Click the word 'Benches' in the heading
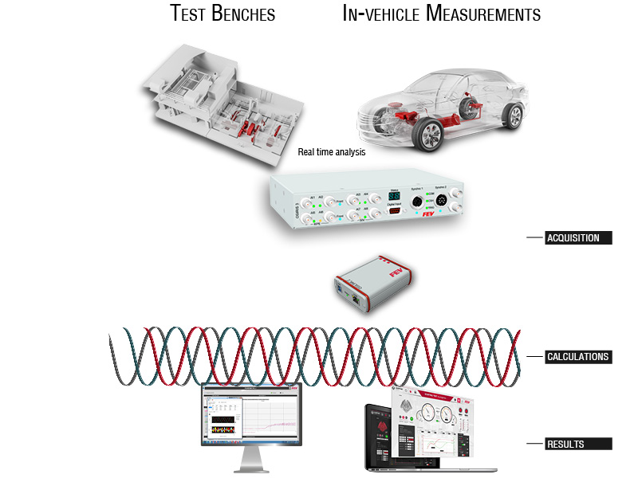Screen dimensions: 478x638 click(243, 14)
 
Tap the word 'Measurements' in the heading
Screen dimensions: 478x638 click(484, 14)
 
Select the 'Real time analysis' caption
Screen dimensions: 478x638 click(332, 152)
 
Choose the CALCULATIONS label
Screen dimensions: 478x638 click(578, 357)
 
